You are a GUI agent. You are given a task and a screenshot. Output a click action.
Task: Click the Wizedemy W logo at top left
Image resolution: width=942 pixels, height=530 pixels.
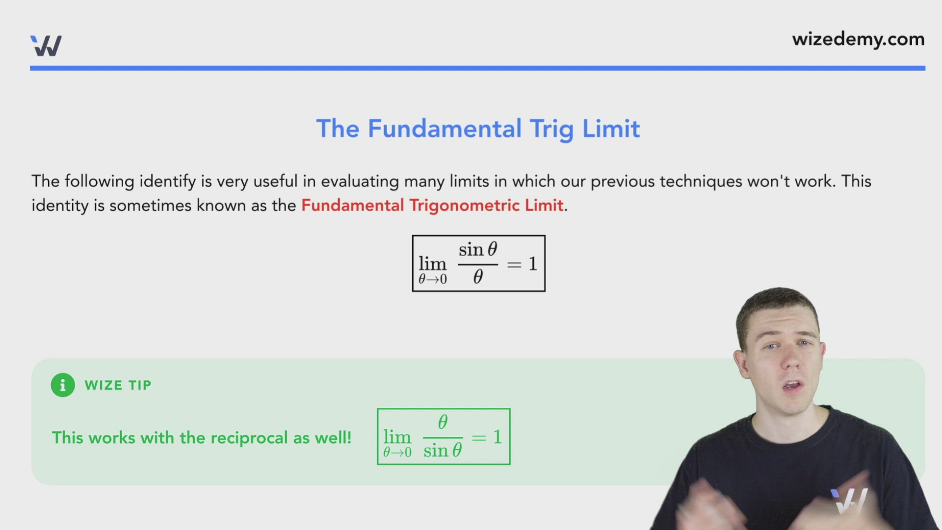point(46,46)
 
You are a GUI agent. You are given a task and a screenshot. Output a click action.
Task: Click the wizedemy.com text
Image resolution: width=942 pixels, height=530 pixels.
point(858,39)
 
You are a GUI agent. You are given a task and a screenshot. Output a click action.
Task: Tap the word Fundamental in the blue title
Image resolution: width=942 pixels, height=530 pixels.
point(445,129)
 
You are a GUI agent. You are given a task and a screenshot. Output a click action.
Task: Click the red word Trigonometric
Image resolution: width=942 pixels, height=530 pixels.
point(465,205)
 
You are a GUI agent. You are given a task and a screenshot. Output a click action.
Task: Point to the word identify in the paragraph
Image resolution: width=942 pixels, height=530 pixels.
point(167,182)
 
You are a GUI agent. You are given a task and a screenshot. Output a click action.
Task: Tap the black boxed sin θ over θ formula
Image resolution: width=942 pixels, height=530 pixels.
point(478,264)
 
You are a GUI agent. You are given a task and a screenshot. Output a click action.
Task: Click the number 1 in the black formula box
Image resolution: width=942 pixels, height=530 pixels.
point(533,264)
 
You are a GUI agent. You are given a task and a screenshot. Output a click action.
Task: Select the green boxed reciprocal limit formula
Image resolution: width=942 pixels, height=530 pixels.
point(444,437)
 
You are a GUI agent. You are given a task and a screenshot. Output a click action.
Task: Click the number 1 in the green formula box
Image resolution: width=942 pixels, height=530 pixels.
point(497,437)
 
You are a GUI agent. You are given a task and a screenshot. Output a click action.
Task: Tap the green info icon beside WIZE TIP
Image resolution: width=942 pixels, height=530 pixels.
point(63,385)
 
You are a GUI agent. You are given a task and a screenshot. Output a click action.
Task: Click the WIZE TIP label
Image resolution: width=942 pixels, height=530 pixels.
point(118,385)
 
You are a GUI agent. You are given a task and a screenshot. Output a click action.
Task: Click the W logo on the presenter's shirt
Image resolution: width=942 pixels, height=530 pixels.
point(850,501)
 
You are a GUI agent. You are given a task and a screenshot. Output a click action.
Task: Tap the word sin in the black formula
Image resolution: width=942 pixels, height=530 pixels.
point(471,250)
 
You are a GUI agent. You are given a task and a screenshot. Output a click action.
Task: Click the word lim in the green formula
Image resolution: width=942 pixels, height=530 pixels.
point(397,437)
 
